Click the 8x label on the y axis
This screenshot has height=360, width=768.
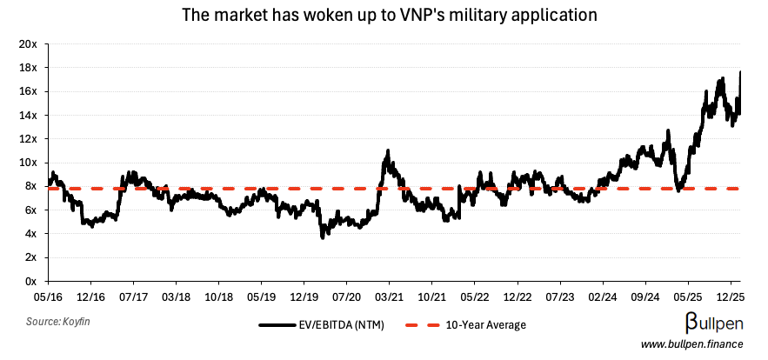point(30,186)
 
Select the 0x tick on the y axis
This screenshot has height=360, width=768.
point(30,281)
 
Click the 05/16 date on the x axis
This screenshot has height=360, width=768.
point(47,296)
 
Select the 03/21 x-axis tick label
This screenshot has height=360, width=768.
point(388,296)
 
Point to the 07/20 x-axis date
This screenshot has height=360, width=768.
point(345,296)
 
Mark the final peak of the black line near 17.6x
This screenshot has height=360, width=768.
point(740,72)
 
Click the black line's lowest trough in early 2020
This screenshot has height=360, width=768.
point(323,237)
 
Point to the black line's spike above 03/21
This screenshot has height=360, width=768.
point(388,151)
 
